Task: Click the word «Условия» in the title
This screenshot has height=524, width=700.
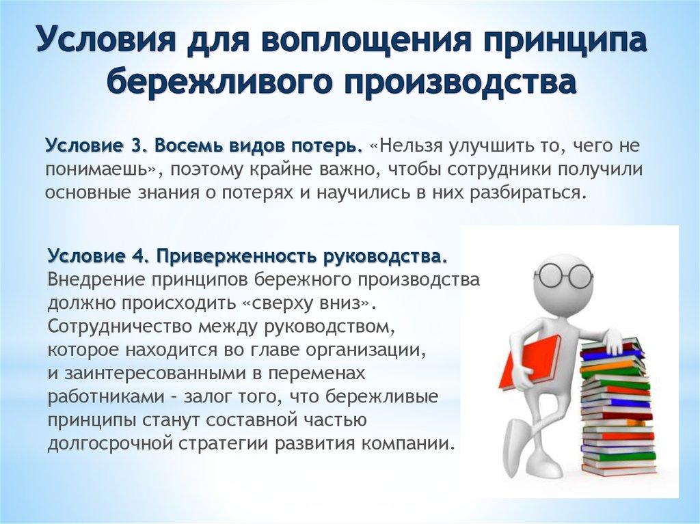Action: click(x=96, y=43)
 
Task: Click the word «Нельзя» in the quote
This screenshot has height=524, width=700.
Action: click(x=409, y=146)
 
